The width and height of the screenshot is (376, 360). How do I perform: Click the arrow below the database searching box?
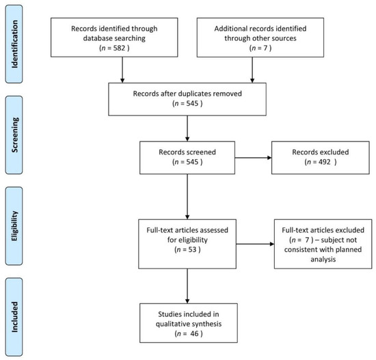pos(121,70)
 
